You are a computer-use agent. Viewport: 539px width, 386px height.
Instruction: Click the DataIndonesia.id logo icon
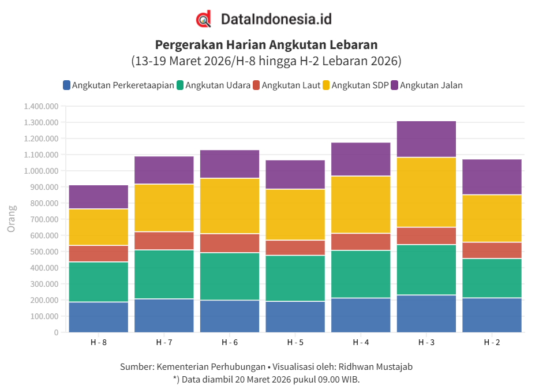[204, 20]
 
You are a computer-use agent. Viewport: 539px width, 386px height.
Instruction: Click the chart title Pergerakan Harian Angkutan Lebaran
[266, 44]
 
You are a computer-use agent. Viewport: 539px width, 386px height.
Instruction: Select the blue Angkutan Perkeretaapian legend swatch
[67, 85]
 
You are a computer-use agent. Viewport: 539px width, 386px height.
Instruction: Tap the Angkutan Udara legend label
[218, 85]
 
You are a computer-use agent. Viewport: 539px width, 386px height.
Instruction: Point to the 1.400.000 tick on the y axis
[41, 107]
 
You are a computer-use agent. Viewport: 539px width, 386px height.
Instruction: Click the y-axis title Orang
[11, 218]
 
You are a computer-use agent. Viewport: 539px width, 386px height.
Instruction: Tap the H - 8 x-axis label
[98, 342]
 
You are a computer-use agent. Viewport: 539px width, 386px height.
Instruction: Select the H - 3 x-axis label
[426, 342]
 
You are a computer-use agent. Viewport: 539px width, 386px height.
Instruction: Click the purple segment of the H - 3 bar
[426, 139]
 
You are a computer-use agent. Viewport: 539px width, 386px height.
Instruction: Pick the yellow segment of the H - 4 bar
[361, 204]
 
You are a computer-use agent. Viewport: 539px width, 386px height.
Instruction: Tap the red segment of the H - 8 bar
[98, 254]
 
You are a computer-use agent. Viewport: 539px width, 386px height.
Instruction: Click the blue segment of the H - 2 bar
[492, 315]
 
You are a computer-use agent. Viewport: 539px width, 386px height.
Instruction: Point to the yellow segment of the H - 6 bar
[230, 206]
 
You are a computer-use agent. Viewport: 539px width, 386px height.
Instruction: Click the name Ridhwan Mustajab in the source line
[375, 367]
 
